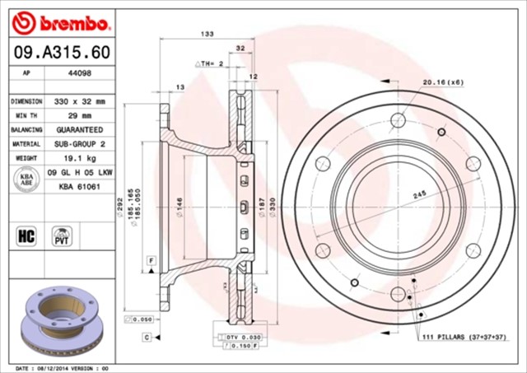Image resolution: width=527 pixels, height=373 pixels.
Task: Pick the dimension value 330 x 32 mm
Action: tap(80, 100)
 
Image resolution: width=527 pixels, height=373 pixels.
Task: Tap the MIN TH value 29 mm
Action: tap(80, 115)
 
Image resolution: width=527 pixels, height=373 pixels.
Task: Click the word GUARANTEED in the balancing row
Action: tap(80, 130)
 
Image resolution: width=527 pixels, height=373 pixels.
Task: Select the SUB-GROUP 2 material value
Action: tap(80, 144)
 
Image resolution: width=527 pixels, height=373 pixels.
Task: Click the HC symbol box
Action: tap(26, 237)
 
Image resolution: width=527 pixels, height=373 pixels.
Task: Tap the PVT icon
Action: tap(61, 236)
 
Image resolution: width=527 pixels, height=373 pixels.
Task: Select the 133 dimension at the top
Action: tap(208, 34)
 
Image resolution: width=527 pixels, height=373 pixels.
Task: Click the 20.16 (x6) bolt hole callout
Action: tap(443, 82)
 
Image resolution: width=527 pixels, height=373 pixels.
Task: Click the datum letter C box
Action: tap(145, 338)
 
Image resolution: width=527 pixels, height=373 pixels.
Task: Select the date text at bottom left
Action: tap(62, 367)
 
